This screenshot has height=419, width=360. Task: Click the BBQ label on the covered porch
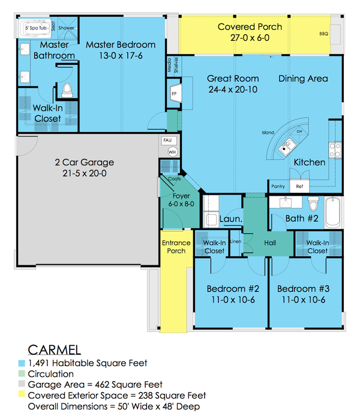coord(324,35)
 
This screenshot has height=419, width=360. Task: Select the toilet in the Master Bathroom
coord(67,91)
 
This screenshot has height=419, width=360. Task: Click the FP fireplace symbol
coord(175,95)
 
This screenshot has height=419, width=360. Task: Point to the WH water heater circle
coord(172,152)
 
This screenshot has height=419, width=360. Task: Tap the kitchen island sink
coord(289,144)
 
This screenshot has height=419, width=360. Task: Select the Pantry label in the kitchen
coord(278,187)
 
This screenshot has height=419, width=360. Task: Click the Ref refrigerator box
coord(300,187)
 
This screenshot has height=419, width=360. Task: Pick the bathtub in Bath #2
coord(334,212)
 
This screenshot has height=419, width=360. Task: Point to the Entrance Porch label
coord(176,247)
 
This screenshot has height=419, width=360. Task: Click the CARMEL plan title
coord(54,350)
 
